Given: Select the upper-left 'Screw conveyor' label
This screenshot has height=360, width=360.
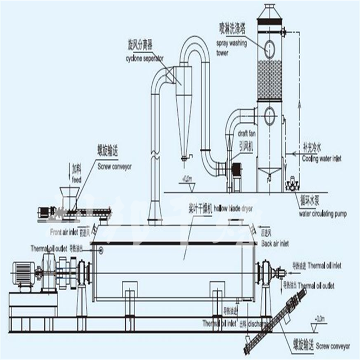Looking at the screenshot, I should [x=114, y=166].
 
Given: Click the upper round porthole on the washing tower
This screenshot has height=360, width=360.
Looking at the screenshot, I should [x=270, y=48].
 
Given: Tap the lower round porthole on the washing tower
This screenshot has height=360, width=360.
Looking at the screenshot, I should [x=269, y=116].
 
